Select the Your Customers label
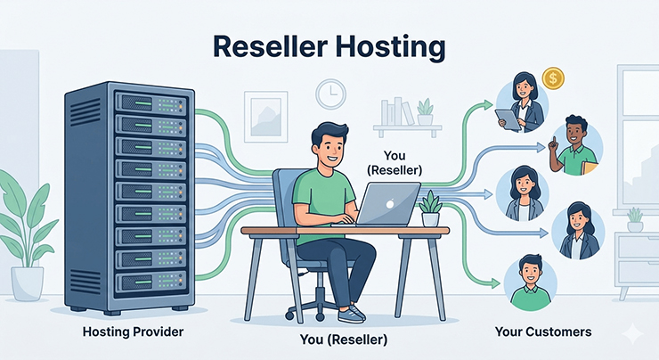click(542, 331)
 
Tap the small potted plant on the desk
click(431, 209)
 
